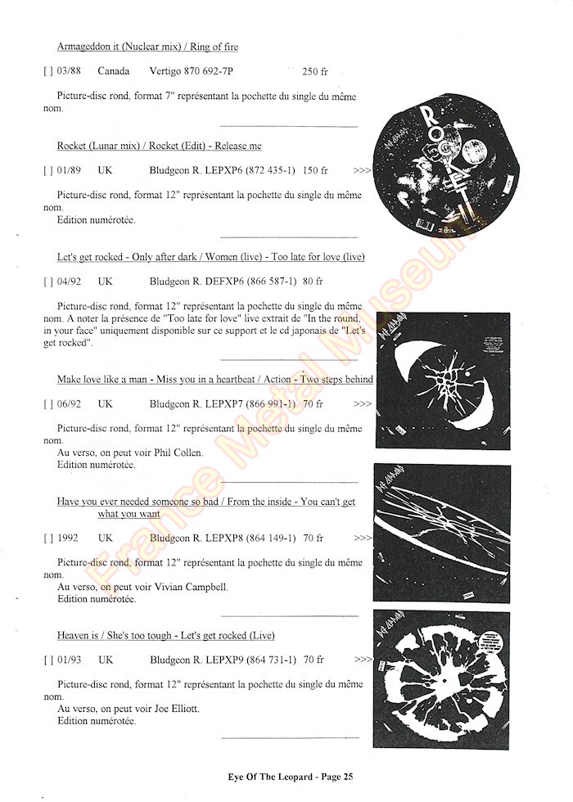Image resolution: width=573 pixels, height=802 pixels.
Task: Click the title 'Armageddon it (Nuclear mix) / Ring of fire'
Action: pos(147,47)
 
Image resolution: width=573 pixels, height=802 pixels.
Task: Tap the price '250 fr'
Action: pos(314,71)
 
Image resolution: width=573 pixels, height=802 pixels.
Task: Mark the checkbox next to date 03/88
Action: pos(47,71)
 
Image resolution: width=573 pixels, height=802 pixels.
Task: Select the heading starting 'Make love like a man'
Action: pos(214,379)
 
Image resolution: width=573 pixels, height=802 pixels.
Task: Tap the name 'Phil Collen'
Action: pos(175,453)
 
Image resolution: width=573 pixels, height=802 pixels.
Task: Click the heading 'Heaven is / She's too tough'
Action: pos(165,635)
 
